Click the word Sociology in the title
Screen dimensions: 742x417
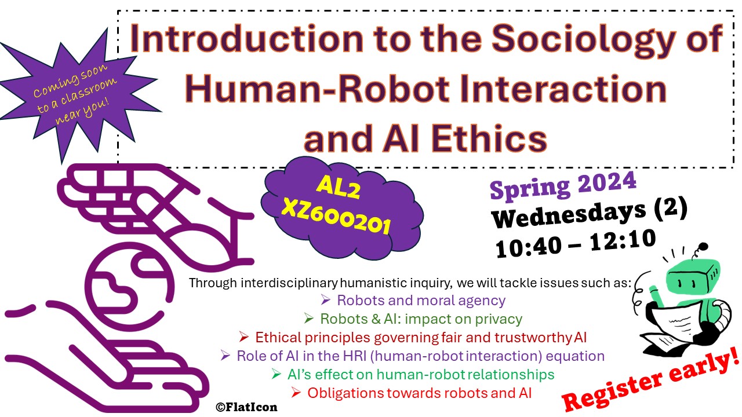point(583,40)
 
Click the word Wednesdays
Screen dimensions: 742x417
point(569,214)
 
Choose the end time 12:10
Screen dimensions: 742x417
point(623,240)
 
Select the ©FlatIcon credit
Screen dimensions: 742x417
point(246,407)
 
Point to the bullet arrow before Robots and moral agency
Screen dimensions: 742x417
point(325,300)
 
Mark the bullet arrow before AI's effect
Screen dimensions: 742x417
point(277,374)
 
